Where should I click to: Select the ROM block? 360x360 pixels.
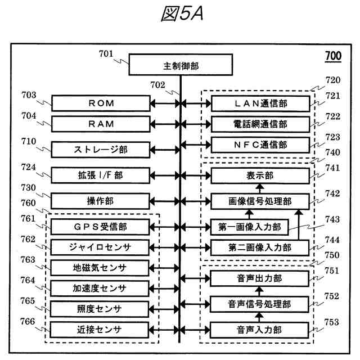click(101, 103)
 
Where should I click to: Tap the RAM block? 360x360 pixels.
click(101, 124)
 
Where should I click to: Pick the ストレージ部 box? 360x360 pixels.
click(101, 150)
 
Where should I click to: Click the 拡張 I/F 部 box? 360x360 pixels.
click(101, 175)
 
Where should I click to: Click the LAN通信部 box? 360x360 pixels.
click(260, 103)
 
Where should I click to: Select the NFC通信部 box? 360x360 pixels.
click(260, 145)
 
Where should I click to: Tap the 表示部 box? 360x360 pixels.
click(260, 175)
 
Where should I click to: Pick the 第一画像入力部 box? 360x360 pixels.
click(249, 227)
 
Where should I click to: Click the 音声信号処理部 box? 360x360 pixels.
click(260, 304)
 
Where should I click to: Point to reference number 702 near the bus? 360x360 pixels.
click(157, 85)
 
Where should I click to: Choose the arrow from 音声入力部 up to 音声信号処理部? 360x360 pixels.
click(260, 317)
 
